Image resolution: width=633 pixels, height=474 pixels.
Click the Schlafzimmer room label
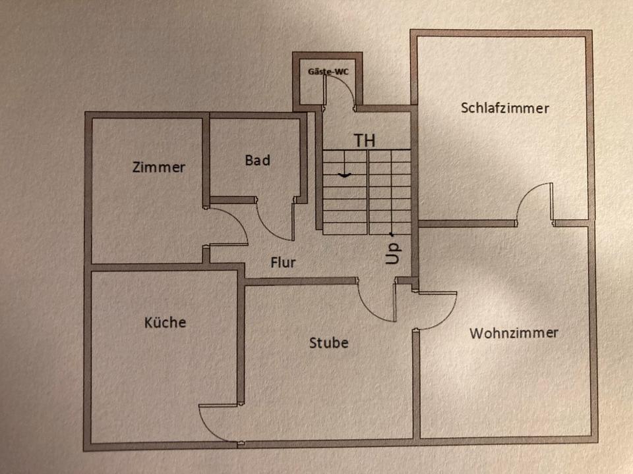(x=504, y=108)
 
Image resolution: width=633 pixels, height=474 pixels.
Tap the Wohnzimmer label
(x=514, y=332)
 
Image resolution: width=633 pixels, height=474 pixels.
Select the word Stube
(x=328, y=343)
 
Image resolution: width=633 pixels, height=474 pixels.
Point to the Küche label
(x=165, y=323)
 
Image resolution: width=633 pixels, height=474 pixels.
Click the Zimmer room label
(x=158, y=167)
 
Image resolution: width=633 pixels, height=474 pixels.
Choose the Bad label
(x=257, y=160)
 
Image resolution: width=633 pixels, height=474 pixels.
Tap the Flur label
(x=283, y=263)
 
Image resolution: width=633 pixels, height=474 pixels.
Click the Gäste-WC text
(x=328, y=70)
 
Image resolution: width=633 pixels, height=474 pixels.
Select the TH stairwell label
(x=365, y=140)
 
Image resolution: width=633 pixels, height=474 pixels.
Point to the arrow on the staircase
(x=343, y=174)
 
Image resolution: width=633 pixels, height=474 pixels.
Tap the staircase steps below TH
(x=366, y=191)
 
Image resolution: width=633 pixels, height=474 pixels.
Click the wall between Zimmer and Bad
(x=206, y=158)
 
